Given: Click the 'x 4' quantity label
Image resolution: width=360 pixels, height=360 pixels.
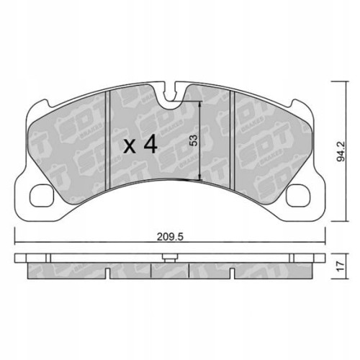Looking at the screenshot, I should click(x=140, y=145).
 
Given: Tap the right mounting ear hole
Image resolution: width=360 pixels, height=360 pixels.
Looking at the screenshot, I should click(x=297, y=192).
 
